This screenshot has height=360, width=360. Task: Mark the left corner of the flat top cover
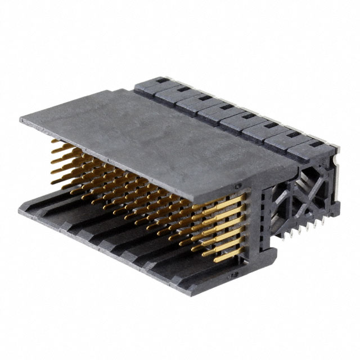pos(20,119)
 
